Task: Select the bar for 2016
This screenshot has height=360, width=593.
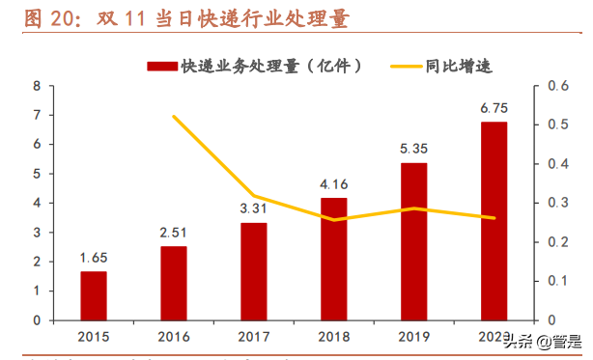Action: click(174, 283)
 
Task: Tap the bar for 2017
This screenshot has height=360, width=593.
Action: click(254, 271)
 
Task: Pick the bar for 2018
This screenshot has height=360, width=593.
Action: click(333, 259)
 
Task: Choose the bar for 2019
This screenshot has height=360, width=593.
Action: click(413, 241)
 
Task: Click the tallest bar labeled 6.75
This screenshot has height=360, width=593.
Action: click(494, 221)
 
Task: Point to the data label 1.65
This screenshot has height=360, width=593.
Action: click(94, 259)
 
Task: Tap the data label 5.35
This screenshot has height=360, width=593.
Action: click(413, 151)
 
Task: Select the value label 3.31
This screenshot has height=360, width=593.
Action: click(254, 209)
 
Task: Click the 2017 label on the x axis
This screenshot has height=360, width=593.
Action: click(254, 336)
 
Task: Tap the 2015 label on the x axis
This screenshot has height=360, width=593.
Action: click(94, 336)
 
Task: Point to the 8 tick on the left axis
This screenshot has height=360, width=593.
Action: click(36, 85)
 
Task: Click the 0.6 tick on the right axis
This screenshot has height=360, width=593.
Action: click(555, 85)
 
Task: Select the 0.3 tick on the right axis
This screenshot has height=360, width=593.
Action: click(555, 203)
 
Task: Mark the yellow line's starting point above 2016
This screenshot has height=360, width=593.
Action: click(174, 117)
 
